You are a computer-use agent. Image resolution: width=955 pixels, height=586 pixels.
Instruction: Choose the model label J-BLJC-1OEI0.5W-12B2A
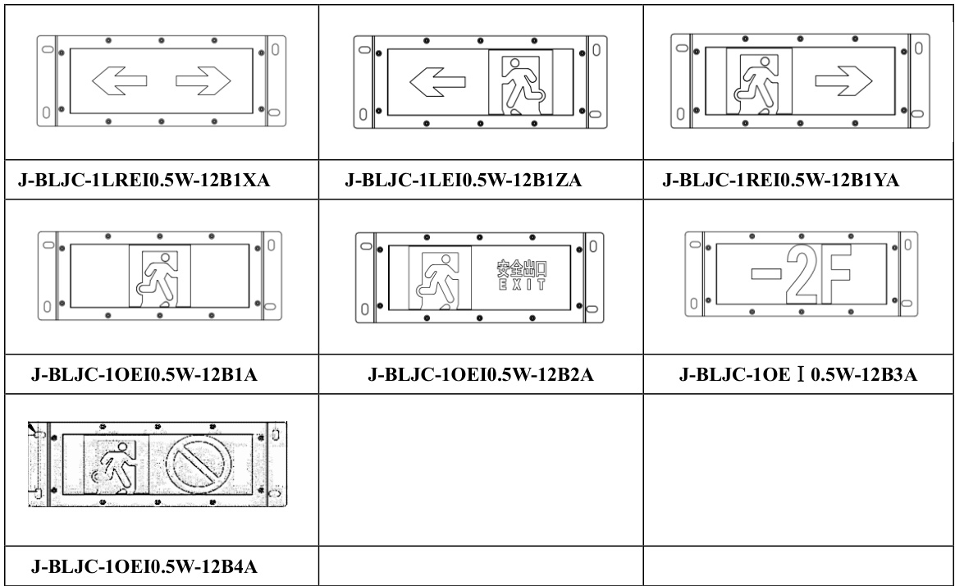482,377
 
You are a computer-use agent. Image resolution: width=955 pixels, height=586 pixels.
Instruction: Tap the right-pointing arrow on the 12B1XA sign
204,80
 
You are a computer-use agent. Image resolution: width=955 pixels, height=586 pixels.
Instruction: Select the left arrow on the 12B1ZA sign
437,82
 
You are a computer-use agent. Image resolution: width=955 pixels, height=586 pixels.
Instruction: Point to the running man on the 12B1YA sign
760,82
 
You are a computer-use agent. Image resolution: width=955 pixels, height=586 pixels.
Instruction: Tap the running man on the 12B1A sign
160,276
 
